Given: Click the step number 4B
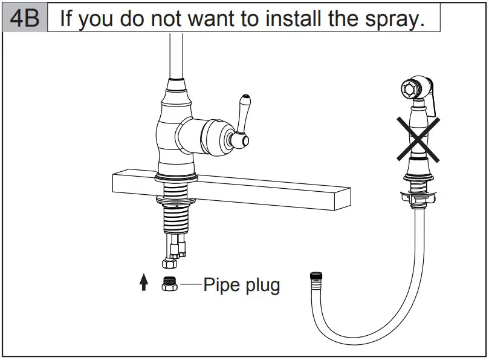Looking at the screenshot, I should [25, 18].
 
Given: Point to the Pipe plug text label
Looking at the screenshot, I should [241, 284].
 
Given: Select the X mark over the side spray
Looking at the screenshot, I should [418, 139].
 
